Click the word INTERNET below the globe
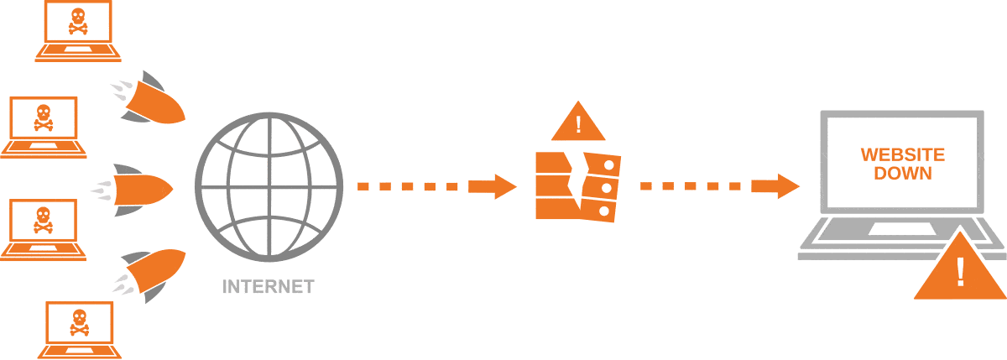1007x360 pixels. click(x=269, y=287)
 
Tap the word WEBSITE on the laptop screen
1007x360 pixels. click(x=903, y=155)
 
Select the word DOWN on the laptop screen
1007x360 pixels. click(x=903, y=174)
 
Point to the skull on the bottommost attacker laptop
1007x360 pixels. click(x=79, y=323)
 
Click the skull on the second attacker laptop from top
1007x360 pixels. click(x=44, y=117)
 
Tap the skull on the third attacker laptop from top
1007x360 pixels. click(x=44, y=220)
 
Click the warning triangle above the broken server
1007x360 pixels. click(x=578, y=122)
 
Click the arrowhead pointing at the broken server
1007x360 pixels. click(x=505, y=186)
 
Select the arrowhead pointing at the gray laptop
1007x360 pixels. click(x=789, y=186)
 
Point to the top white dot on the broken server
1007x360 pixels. click(x=608, y=165)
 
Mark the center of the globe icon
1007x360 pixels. click(x=269, y=187)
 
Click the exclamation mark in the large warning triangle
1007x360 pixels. click(x=960, y=272)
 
